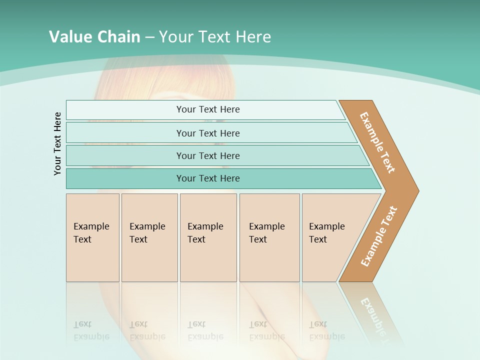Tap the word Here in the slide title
click(x=253, y=37)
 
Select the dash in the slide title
click(x=149, y=37)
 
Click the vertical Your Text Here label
click(x=57, y=143)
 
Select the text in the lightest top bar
click(x=208, y=109)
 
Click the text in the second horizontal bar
click(x=208, y=133)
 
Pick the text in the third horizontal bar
click(x=208, y=156)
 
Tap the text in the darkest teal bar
click(x=208, y=178)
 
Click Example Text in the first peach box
click(x=91, y=233)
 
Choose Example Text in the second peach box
click(x=147, y=233)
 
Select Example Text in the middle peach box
click(x=205, y=233)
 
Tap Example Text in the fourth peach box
click(x=266, y=233)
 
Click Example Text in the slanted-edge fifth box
click(x=326, y=233)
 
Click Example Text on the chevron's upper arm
click(x=377, y=142)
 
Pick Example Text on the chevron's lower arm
click(x=378, y=236)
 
